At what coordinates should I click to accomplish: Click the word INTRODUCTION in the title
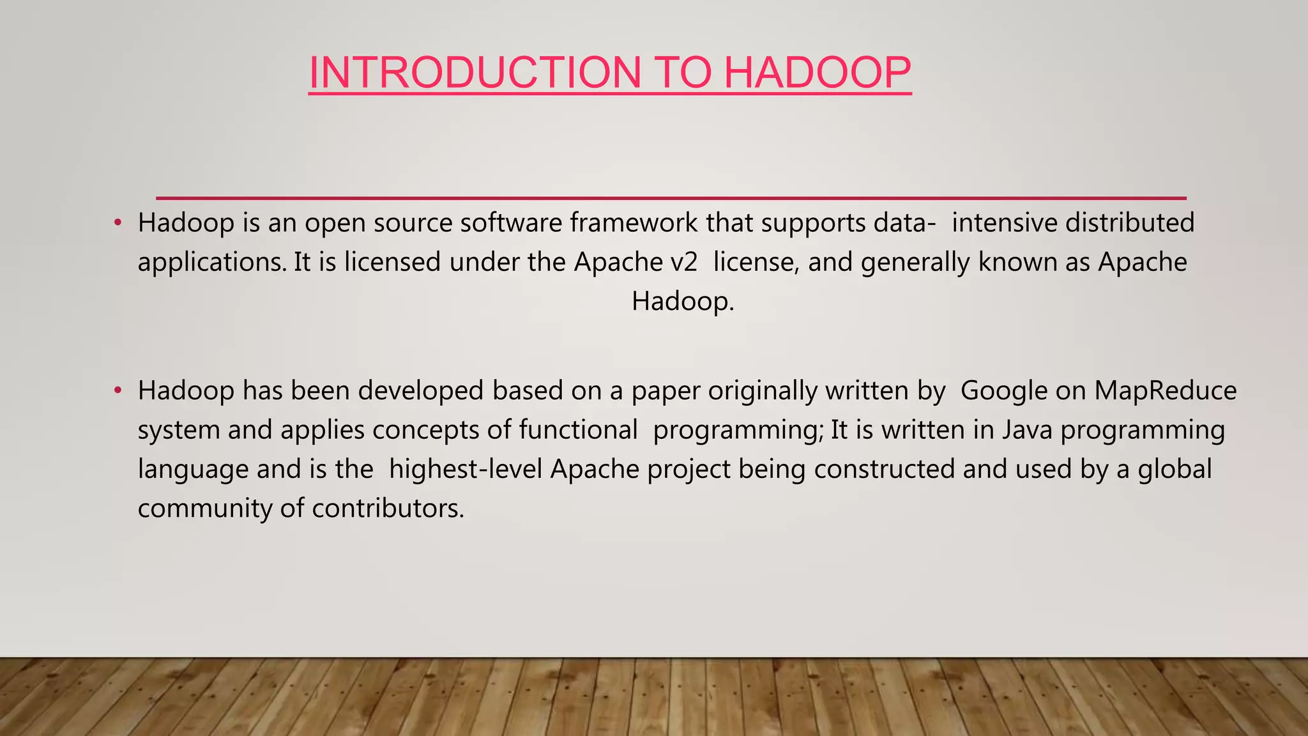point(475,72)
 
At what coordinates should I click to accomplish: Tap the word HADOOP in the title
point(817,72)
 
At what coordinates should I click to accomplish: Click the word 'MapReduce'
point(1166,391)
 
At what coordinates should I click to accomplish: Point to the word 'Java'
point(1027,430)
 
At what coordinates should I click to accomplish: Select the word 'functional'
point(578,430)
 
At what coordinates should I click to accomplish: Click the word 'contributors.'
point(388,509)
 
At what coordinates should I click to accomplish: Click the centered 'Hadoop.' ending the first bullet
point(683,302)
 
